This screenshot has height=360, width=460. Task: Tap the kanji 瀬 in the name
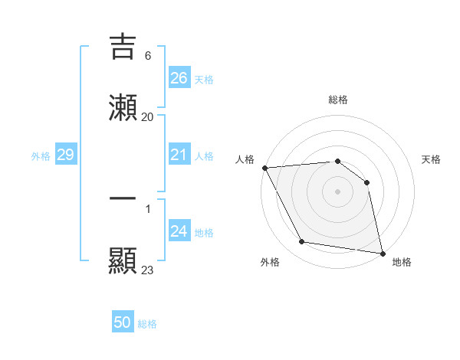tap(123, 108)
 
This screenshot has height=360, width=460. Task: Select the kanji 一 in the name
tap(123, 198)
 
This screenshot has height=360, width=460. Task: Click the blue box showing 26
tap(179, 78)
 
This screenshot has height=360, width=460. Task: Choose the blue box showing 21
tap(179, 155)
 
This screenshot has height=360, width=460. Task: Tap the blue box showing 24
tap(179, 231)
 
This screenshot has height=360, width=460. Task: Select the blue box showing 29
tap(65, 155)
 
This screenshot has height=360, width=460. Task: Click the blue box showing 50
tap(123, 322)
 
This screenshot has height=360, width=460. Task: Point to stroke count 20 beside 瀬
tap(147, 116)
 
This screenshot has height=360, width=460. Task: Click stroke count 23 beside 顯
tap(147, 270)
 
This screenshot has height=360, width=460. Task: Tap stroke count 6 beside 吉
tap(147, 55)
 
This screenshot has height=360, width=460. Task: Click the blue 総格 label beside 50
tap(147, 324)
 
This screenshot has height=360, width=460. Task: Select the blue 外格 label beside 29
tap(41, 156)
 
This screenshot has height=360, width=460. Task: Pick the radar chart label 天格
tap(431, 159)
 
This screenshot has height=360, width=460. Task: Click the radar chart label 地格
tap(402, 262)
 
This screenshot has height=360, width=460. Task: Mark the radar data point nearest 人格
tap(264, 168)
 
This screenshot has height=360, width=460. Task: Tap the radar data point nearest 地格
tap(382, 253)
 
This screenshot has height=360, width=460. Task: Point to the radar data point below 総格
tap(337, 161)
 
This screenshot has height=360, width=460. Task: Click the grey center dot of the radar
tap(337, 191)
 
